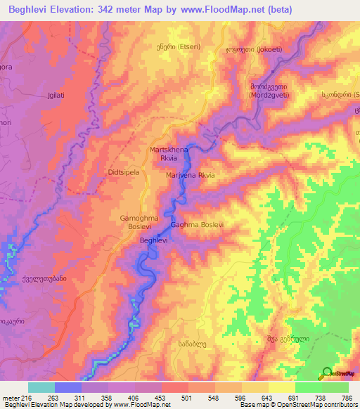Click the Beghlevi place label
[153, 240]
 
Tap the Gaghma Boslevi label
[197, 225]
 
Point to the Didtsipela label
[124, 171]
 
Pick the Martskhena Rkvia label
[167, 154]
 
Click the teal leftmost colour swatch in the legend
[41, 387]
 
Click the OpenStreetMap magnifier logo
[328, 373]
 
